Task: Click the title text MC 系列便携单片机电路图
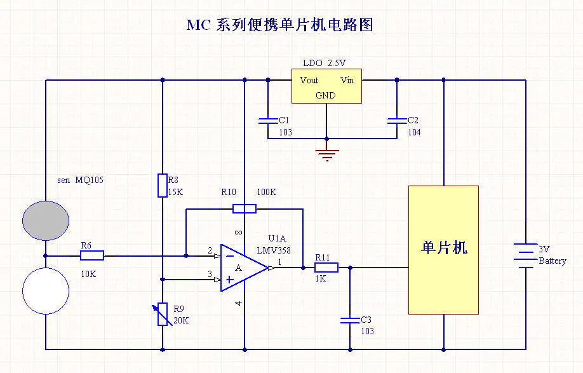click(279, 25)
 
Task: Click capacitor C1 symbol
click(267, 121)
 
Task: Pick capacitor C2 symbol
click(397, 121)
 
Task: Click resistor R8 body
click(163, 186)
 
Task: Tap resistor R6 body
click(92, 256)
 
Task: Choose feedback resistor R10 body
click(244, 208)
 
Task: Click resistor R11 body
click(326, 268)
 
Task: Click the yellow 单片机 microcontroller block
click(443, 249)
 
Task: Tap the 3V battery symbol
click(525, 254)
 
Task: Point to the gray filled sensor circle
click(45, 220)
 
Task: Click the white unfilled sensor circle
click(45, 291)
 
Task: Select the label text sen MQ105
click(80, 180)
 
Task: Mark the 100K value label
click(267, 192)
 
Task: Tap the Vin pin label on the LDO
click(347, 80)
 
